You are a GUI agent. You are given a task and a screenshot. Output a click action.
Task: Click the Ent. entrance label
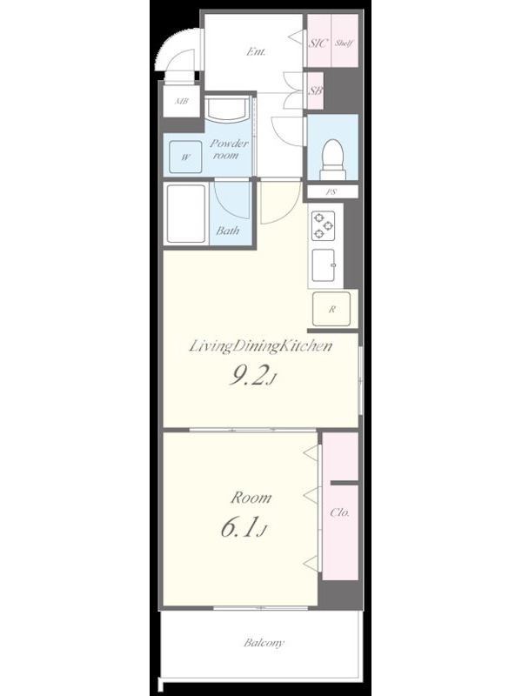pyautogui.click(x=256, y=52)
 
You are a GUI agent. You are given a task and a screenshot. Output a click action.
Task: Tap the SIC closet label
pyautogui.click(x=318, y=43)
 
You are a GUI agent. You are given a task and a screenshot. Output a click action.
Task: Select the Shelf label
pyautogui.click(x=344, y=43)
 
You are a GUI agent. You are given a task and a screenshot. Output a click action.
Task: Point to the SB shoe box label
pyautogui.click(x=316, y=90)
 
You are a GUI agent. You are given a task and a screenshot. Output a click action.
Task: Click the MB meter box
pyautogui.click(x=182, y=101)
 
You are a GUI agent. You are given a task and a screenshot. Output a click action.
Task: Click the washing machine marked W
pyautogui.click(x=185, y=157)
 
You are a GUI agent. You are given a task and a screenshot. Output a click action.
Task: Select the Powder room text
pyautogui.click(x=229, y=149)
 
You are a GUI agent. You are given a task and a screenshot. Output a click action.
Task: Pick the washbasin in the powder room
pyautogui.click(x=227, y=110)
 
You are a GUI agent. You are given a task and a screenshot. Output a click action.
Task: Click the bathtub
pyautogui.click(x=186, y=213)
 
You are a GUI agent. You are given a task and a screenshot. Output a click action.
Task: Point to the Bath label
pyautogui.click(x=228, y=231)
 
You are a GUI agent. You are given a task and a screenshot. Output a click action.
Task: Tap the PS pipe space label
pyautogui.click(x=331, y=192)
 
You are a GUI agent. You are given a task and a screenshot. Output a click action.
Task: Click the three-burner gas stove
pyautogui.click(x=323, y=225)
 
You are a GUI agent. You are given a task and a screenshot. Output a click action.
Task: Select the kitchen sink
pyautogui.click(x=324, y=265)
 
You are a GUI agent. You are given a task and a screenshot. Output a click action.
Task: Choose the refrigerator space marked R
pyautogui.click(x=331, y=310)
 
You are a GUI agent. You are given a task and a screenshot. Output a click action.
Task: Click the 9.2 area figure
pyautogui.click(x=250, y=377)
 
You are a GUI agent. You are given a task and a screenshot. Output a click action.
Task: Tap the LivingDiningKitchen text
pyautogui.click(x=260, y=345)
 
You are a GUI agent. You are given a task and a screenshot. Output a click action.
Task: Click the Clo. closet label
pyautogui.click(x=339, y=512)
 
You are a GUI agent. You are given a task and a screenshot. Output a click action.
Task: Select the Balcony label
pyautogui.click(x=264, y=642)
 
